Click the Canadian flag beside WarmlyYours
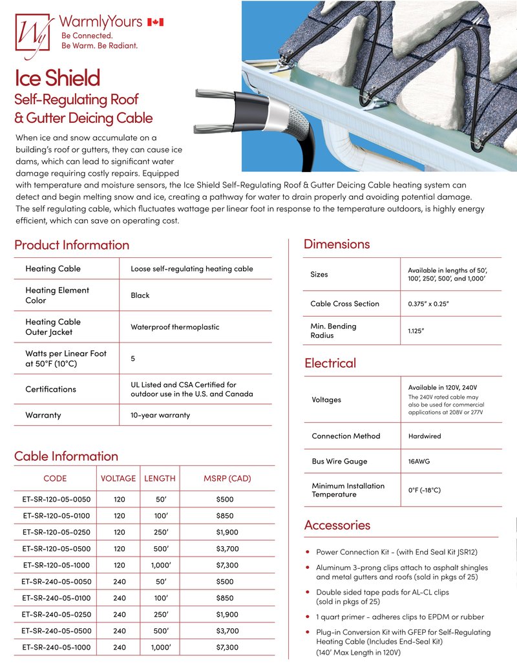click(x=156, y=22)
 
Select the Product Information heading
click(x=72, y=244)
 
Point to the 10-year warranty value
click(x=160, y=415)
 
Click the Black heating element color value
click(x=140, y=295)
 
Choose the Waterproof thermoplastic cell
click(x=174, y=327)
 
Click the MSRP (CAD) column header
click(x=227, y=478)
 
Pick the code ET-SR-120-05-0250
click(x=56, y=532)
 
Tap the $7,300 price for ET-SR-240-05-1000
click(x=227, y=647)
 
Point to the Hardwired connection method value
click(x=425, y=436)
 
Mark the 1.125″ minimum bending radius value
click(x=416, y=330)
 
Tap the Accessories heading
click(x=337, y=524)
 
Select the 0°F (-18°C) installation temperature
click(x=424, y=490)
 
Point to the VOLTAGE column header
click(x=118, y=478)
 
